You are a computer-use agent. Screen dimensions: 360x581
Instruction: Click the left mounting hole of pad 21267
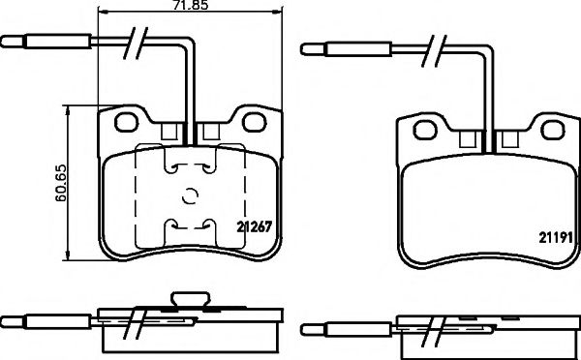[127, 123]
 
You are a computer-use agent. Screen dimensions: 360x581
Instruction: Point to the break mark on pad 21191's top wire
[438, 46]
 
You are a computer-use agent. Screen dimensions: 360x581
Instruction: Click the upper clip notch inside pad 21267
[190, 166]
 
